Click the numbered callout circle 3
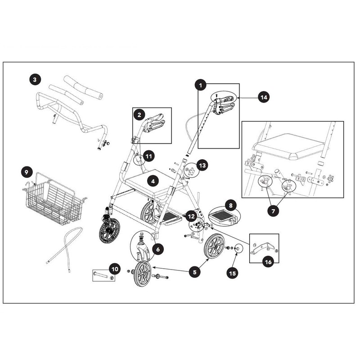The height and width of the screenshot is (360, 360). click(x=35, y=80)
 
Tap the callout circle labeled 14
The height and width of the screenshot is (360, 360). click(x=264, y=97)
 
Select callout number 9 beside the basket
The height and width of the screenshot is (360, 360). click(x=27, y=172)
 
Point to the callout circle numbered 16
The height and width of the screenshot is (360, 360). click(x=268, y=262)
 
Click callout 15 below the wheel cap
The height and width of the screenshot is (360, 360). click(x=232, y=273)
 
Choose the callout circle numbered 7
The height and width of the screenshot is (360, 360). click(x=273, y=211)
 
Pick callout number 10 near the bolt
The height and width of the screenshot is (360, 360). click(x=115, y=269)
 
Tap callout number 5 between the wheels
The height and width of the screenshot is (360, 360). click(x=195, y=272)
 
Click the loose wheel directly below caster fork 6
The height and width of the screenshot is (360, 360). click(x=143, y=274)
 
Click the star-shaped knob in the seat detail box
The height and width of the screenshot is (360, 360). click(x=330, y=177)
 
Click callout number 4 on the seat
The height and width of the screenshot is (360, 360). click(x=153, y=181)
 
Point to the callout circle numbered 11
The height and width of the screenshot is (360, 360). click(x=149, y=156)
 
